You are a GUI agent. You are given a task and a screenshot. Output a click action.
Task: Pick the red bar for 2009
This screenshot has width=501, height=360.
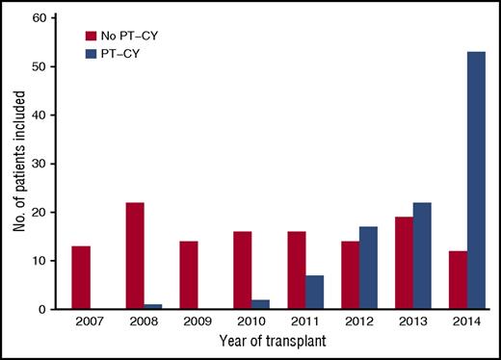click(x=188, y=275)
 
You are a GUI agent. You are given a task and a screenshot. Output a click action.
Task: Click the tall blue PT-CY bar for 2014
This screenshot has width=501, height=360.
click(x=476, y=180)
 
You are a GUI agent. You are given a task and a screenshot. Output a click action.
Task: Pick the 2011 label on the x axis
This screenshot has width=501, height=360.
click(x=305, y=324)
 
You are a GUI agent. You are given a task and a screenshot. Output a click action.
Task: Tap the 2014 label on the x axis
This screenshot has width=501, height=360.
click(x=466, y=324)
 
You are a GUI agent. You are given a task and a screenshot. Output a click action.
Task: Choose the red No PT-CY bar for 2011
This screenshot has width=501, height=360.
click(x=295, y=270)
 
